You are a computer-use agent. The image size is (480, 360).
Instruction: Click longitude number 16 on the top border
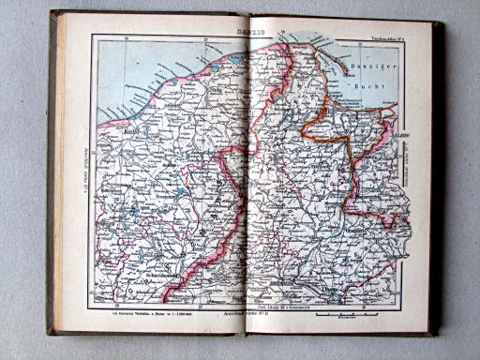(x=125, y=37)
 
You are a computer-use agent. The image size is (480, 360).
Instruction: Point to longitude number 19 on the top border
(x=360, y=37)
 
